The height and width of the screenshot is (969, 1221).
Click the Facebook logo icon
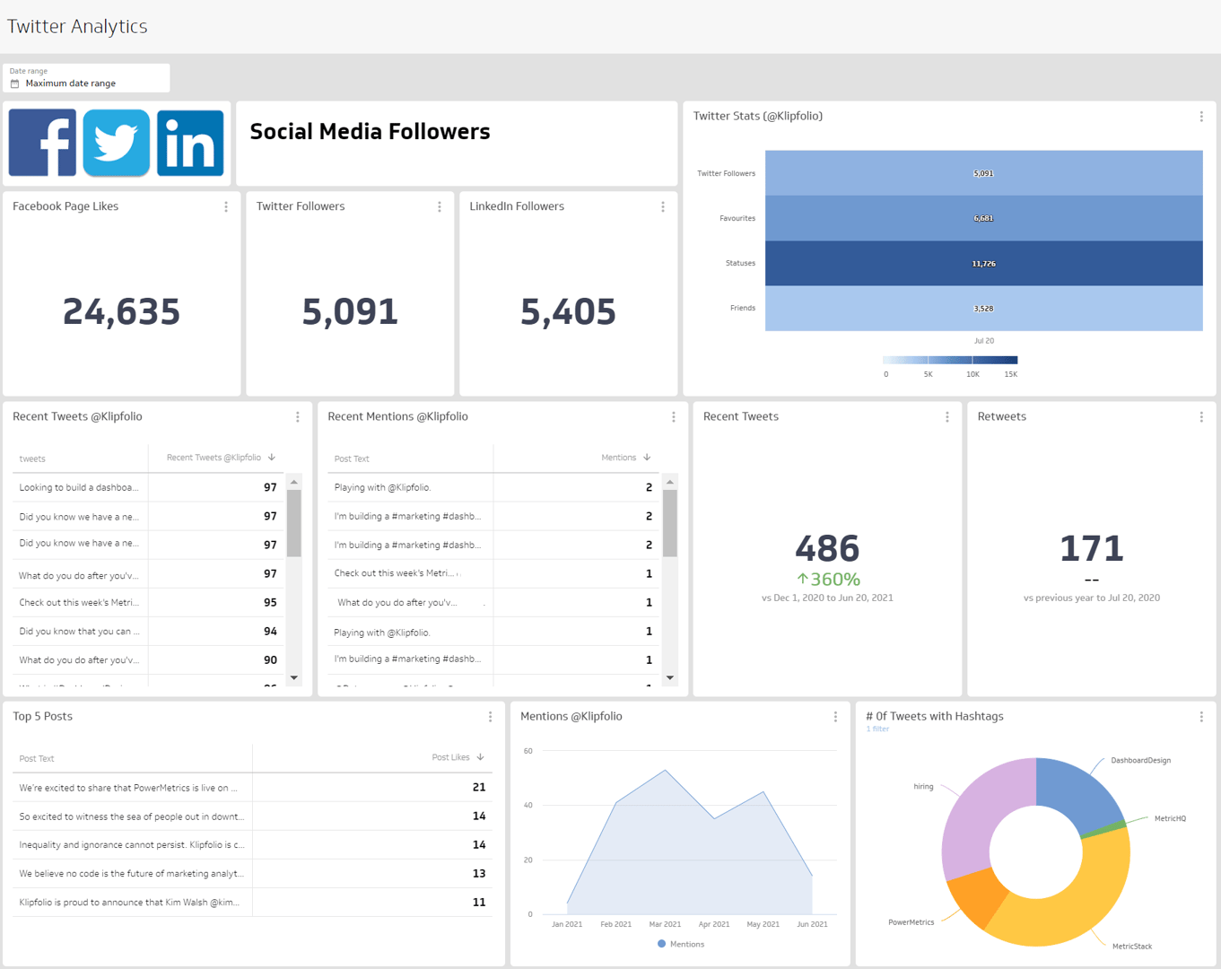[42, 143]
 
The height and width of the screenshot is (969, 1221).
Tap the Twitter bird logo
[116, 143]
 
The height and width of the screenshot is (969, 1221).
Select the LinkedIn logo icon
[190, 143]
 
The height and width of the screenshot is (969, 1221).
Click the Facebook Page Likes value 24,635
[121, 312]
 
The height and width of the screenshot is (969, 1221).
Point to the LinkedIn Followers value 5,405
[568, 312]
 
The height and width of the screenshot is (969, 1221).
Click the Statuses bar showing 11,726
[983, 263]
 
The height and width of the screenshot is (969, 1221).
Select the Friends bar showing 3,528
[983, 308]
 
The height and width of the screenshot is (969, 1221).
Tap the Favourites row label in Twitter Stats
[737, 218]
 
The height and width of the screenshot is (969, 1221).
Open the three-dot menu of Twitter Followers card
[440, 207]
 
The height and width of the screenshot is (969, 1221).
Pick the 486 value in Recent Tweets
[827, 548]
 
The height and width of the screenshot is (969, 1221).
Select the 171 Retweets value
[1091, 548]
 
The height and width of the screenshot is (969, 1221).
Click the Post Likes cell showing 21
[478, 787]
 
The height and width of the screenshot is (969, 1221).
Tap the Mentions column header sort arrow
[647, 458]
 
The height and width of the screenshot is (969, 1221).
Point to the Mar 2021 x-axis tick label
[665, 924]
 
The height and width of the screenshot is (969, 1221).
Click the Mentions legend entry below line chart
[681, 944]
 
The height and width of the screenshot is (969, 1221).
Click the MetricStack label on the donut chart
[1131, 946]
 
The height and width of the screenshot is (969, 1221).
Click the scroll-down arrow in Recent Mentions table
[670, 678]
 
